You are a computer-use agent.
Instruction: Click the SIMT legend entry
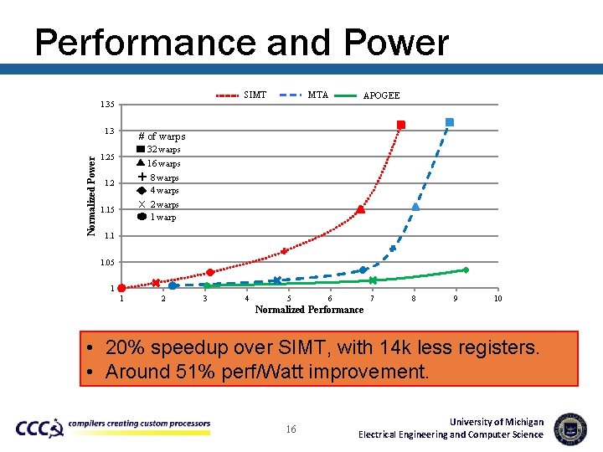242,95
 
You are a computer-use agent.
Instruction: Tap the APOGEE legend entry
368,95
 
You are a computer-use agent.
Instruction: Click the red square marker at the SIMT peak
401,125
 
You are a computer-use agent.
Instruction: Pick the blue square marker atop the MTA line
450,122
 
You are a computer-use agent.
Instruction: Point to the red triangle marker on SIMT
360,209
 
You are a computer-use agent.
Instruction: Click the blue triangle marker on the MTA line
415,206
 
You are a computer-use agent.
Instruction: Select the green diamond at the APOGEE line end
466,270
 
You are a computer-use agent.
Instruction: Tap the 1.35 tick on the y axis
106,105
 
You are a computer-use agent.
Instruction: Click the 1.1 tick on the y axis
109,236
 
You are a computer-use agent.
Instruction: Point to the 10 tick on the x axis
497,299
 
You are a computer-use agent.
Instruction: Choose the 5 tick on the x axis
289,299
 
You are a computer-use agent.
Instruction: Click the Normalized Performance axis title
309,310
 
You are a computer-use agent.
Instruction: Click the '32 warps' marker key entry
158,150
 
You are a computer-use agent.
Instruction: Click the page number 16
291,429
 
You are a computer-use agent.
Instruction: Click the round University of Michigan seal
570,428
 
